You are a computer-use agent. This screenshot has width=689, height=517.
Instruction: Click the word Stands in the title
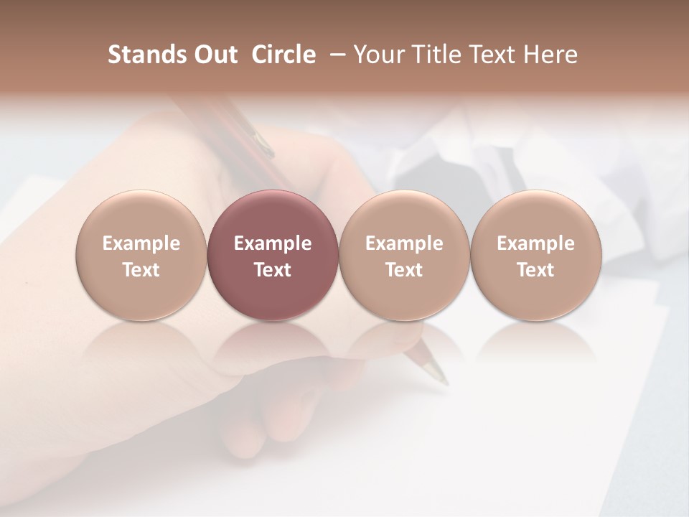pyautogui.click(x=147, y=55)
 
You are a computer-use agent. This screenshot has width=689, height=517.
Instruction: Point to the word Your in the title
pyautogui.click(x=378, y=55)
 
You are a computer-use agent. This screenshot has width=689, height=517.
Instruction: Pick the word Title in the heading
pyautogui.click(x=432, y=55)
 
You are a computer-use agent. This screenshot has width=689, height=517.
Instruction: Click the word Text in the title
pyautogui.click(x=488, y=55)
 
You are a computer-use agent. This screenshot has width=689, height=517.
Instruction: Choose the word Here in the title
pyautogui.click(x=549, y=55)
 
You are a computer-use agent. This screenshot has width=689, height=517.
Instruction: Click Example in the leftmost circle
pyautogui.click(x=141, y=243)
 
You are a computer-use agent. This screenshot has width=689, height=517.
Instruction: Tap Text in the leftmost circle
pyautogui.click(x=141, y=270)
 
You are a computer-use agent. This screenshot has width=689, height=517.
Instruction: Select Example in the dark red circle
pyautogui.click(x=273, y=243)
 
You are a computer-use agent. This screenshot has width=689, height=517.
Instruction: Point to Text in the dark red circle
pyautogui.click(x=273, y=270)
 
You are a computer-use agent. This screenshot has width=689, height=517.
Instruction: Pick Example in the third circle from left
pyautogui.click(x=404, y=243)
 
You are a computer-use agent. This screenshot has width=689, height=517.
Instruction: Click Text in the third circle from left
pyautogui.click(x=404, y=270)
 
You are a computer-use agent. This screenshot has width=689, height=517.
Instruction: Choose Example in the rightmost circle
pyautogui.click(x=535, y=243)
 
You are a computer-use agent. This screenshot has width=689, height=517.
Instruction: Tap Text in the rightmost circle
pyautogui.click(x=535, y=270)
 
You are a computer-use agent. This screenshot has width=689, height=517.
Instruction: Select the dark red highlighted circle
pyautogui.click(x=273, y=215)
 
